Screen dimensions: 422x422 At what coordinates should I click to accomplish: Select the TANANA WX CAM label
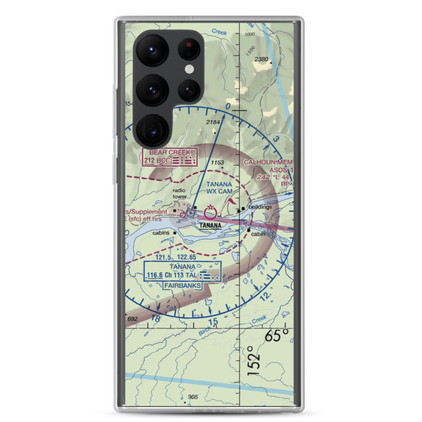[x=219, y=187]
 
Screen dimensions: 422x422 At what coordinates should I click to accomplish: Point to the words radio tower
[x=179, y=193]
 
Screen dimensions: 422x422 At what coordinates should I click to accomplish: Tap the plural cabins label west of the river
[x=161, y=233]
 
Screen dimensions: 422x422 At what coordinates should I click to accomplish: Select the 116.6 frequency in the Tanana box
[x=154, y=276]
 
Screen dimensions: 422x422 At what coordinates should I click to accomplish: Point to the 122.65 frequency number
[x=187, y=257]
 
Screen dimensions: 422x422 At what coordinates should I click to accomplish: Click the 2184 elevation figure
[x=214, y=122]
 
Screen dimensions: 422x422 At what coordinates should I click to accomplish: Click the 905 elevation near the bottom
[x=193, y=397]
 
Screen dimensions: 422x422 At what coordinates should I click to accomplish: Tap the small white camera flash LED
[x=188, y=70]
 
